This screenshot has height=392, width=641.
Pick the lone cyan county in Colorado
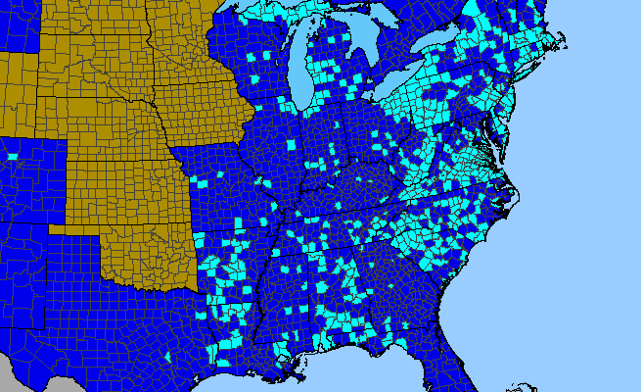13,157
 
